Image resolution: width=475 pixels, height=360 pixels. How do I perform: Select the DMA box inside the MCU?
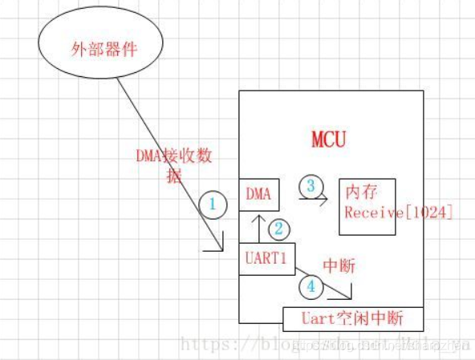tap(258, 195)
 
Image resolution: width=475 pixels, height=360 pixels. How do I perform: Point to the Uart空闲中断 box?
tap(353, 319)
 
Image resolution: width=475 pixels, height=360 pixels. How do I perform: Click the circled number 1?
tap(213, 204)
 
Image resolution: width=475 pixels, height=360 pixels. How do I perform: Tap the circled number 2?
tap(278, 229)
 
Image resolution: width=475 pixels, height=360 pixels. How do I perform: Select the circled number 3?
tap(311, 185)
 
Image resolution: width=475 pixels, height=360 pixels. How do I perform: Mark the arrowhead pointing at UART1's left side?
tap(217, 249)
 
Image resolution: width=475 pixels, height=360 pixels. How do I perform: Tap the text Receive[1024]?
tap(388, 212)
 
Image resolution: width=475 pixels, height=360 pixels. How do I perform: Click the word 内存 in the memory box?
tap(361, 193)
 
